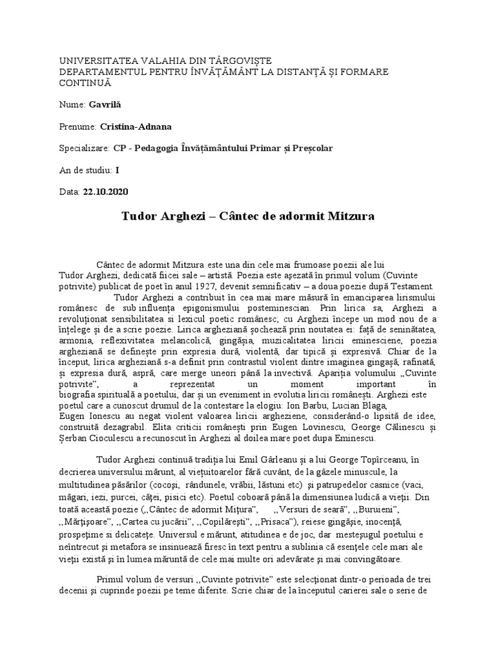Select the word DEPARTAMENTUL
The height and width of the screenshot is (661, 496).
(x=97, y=72)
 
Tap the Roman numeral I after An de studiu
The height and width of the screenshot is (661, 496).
(x=117, y=170)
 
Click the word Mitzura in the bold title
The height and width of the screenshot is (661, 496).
(x=351, y=216)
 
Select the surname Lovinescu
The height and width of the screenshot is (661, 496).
(x=311, y=427)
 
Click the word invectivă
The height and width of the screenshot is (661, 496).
(x=334, y=372)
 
